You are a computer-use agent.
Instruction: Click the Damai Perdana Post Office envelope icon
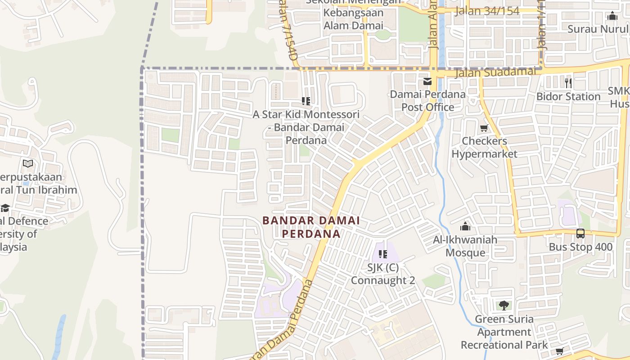click(x=427, y=82)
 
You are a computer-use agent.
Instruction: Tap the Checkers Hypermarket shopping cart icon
click(x=484, y=128)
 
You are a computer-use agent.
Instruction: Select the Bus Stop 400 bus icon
click(x=580, y=234)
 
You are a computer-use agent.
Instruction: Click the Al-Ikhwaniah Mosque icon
click(x=465, y=226)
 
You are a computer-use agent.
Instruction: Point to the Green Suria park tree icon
click(x=504, y=306)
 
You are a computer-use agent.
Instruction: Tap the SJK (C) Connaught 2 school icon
click(x=383, y=254)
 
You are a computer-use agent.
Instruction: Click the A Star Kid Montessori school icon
click(x=306, y=101)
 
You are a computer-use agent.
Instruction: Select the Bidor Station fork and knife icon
click(x=568, y=83)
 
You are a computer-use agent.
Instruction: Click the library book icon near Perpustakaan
click(x=28, y=164)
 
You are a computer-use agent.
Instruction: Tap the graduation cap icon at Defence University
click(x=5, y=208)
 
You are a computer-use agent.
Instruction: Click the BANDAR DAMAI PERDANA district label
click(x=311, y=227)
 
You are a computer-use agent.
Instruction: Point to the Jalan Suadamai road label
click(x=495, y=72)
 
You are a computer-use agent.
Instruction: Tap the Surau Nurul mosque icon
click(x=612, y=16)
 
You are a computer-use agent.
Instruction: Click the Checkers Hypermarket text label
click(x=484, y=147)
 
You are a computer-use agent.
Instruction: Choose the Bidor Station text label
click(x=568, y=96)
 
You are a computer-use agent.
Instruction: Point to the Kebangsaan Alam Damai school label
click(x=353, y=19)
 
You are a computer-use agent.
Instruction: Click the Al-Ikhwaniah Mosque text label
click(x=465, y=246)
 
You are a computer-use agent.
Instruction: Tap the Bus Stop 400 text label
click(x=580, y=247)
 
